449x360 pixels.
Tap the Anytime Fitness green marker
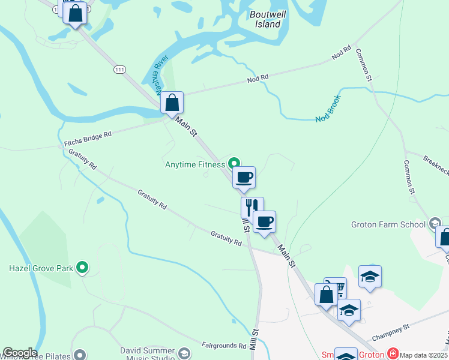pyautogui.click(x=234, y=163)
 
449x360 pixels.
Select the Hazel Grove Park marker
pyautogui.click(x=83, y=268)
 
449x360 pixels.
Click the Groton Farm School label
pyautogui.click(x=388, y=225)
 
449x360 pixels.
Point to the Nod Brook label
pyautogui.click(x=328, y=109)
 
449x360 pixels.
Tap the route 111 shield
pyautogui.click(x=119, y=70)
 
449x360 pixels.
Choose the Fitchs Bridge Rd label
pyautogui.click(x=88, y=140)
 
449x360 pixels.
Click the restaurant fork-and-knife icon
pyautogui.click(x=252, y=207)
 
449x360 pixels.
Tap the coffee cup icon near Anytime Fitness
pyautogui.click(x=244, y=178)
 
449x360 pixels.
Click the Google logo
pyautogui.click(x=19, y=353)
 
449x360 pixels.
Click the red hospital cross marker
pyautogui.click(x=393, y=354)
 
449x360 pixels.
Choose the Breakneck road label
pyautogui.click(x=436, y=163)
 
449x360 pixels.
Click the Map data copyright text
pyautogui.click(x=424, y=355)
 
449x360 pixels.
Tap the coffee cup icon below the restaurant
pyautogui.click(x=264, y=222)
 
